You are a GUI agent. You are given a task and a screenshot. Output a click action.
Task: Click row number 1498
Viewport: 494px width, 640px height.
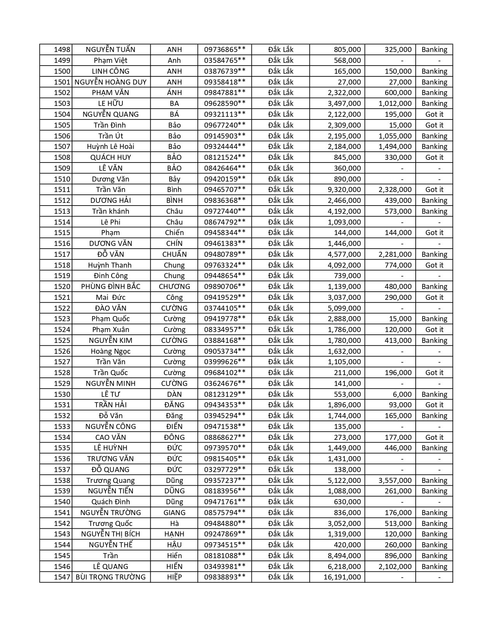62,50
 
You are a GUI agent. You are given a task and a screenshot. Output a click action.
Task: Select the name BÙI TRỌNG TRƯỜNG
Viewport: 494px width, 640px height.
110,577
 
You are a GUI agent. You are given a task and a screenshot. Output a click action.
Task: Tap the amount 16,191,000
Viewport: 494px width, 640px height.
342,577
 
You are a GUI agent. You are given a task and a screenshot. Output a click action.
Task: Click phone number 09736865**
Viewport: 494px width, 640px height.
225,50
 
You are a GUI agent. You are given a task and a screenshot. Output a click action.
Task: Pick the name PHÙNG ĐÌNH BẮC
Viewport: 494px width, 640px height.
110,287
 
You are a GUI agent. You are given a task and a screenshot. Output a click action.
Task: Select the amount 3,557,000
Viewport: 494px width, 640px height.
395,480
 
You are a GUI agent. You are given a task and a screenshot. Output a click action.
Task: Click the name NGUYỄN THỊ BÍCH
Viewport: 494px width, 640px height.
110,534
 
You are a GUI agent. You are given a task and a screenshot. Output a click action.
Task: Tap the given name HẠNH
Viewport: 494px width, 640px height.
174,534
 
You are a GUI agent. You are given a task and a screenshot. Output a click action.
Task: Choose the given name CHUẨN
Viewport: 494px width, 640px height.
174,254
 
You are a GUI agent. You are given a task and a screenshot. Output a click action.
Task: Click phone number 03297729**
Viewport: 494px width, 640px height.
225,469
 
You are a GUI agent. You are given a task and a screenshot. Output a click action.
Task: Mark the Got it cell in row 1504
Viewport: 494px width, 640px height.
434,114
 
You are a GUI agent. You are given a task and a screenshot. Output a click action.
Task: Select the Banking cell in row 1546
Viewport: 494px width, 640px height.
434,566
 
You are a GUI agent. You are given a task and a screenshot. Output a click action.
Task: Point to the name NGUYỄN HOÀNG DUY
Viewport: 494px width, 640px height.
110,82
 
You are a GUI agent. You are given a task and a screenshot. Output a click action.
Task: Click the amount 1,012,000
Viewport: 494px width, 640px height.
395,104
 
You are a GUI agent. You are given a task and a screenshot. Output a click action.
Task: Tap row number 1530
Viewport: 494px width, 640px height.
62,394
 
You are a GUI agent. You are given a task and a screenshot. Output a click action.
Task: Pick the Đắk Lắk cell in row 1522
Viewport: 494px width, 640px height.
281,308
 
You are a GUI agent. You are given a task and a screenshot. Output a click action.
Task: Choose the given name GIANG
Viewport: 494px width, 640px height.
174,512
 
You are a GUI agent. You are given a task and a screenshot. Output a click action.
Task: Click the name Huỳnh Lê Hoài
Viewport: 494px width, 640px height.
110,147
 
